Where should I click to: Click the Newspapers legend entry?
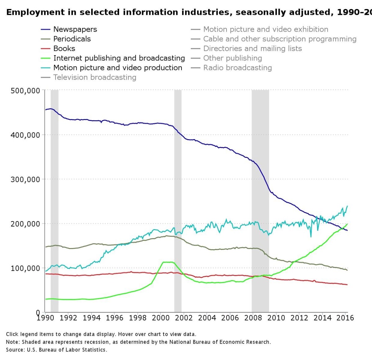click(75, 29)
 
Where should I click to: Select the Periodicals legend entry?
click(72, 39)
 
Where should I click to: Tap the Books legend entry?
click(64, 49)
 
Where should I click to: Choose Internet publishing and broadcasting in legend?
click(119, 58)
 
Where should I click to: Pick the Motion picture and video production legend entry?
click(118, 68)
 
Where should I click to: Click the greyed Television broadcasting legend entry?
click(95, 78)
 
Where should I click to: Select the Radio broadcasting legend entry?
click(237, 68)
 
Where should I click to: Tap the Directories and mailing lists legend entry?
click(252, 49)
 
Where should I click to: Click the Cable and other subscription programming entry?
click(280, 39)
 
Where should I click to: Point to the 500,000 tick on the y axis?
click(25, 91)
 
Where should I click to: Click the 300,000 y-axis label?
click(25, 180)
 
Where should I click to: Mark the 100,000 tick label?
click(25, 268)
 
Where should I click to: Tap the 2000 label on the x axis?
click(161, 318)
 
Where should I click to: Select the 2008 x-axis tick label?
click(253, 318)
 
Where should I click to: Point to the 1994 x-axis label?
click(92, 318)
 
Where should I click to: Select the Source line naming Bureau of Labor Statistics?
click(56, 350)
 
